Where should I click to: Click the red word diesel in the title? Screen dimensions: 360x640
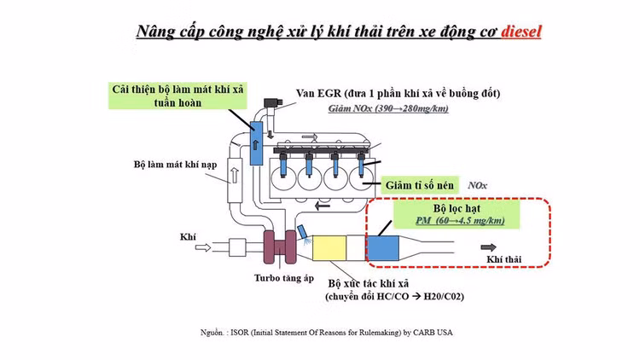pos(521,32)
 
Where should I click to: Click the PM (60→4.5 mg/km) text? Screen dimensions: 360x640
pos(458,221)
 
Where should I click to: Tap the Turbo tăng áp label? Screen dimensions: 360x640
pos(281,277)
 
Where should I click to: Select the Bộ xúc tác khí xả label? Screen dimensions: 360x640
pos(376,282)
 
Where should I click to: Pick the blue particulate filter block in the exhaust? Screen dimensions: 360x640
pos(387,247)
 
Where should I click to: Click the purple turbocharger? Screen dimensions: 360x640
pos(279,247)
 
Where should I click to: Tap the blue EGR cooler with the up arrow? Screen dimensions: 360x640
pos(257,141)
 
